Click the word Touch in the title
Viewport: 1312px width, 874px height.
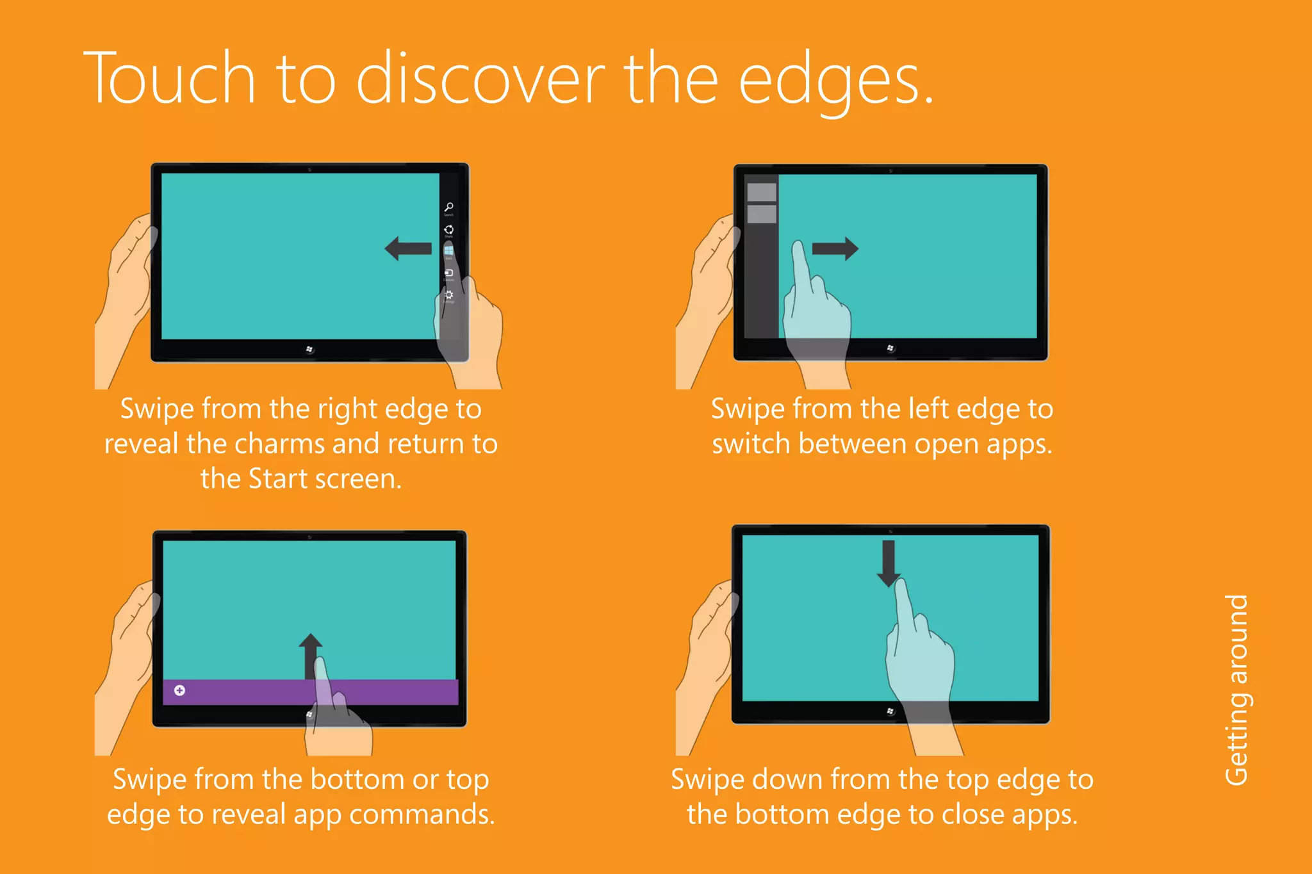coord(170,78)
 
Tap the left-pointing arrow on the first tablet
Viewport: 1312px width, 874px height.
coord(408,248)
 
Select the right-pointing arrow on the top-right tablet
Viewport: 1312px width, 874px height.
coord(835,248)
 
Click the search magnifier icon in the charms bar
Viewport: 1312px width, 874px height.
coord(449,207)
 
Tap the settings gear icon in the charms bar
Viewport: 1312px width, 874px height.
coord(449,295)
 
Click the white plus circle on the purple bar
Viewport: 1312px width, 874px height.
coord(180,690)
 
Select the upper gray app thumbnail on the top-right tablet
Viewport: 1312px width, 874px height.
coord(762,192)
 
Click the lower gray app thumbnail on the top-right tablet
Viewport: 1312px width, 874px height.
coord(762,214)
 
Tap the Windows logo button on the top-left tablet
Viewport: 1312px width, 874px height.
coord(309,349)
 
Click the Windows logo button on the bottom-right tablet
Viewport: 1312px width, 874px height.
coord(890,711)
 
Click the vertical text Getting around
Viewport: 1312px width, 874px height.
coord(1236,690)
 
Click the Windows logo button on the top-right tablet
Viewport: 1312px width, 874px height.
coord(890,348)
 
